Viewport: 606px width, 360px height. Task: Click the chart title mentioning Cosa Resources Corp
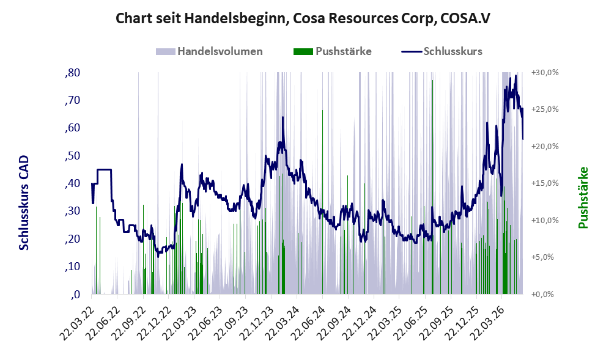(303, 18)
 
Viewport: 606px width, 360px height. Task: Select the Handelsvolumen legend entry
(209, 51)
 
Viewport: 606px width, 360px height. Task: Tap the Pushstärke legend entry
(333, 51)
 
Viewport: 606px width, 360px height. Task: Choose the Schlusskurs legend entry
(442, 51)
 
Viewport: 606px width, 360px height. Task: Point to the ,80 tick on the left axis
(72, 73)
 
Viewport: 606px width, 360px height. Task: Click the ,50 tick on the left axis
(72, 156)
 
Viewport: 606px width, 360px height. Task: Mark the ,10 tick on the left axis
(72, 266)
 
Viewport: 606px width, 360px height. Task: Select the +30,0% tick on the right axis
(545, 73)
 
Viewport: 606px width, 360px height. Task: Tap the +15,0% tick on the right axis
(545, 183)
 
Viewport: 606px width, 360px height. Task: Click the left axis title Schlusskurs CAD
(24, 203)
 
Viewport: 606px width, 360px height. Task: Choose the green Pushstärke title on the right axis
(583, 197)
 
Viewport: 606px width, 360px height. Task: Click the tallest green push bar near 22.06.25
(432, 187)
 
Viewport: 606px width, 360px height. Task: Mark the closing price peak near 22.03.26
(515, 76)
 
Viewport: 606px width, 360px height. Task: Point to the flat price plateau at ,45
(105, 169)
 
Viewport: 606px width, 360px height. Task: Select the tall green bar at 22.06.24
(323, 202)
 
